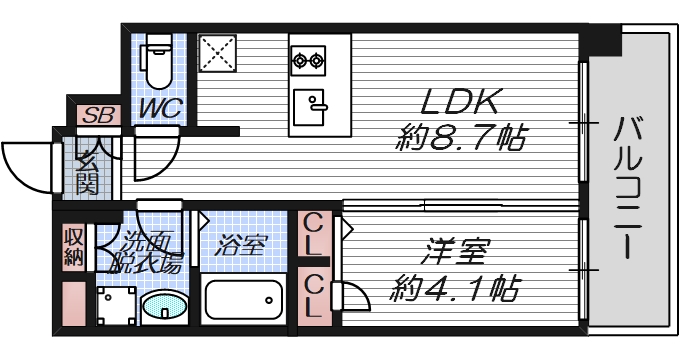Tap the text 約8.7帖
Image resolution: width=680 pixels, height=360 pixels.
coord(461,138)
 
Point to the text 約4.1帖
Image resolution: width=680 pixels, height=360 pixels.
coord(456,291)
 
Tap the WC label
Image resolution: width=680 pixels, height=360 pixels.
coord(159,107)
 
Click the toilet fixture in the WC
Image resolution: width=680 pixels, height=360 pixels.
coord(157,62)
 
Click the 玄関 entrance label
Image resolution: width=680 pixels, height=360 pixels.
coord(85,170)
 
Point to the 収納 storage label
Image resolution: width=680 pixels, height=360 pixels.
coord(73,246)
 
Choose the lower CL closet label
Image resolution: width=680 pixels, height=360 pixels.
coord(313,295)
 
